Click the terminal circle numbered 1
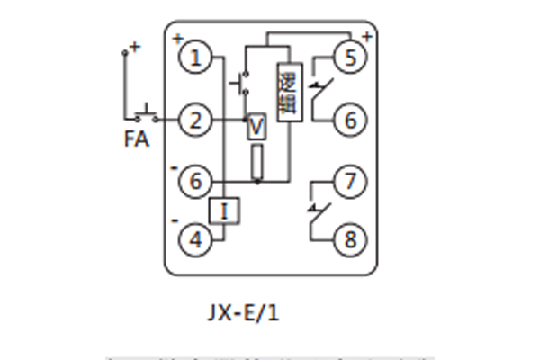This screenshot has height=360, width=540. tap(193, 58)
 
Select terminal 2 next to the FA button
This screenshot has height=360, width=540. tap(193, 119)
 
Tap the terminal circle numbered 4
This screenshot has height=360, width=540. tap(193, 239)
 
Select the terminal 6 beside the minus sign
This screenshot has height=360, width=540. tap(193, 182)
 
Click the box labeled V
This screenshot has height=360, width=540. tap(257, 128)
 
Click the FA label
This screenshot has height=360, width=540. tap(137, 139)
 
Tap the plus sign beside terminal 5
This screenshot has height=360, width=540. tap(366, 38)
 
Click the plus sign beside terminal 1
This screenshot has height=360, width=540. tap(177, 39)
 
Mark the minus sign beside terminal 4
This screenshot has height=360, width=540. tap(175, 220)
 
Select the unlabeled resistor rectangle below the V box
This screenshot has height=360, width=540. tap(257, 162)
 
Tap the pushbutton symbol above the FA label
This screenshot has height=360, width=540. tap(144, 114)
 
